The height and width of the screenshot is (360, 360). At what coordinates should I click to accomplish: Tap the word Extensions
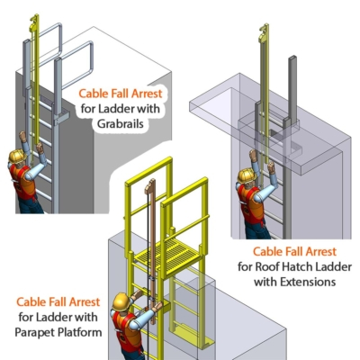click(x=309, y=281)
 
